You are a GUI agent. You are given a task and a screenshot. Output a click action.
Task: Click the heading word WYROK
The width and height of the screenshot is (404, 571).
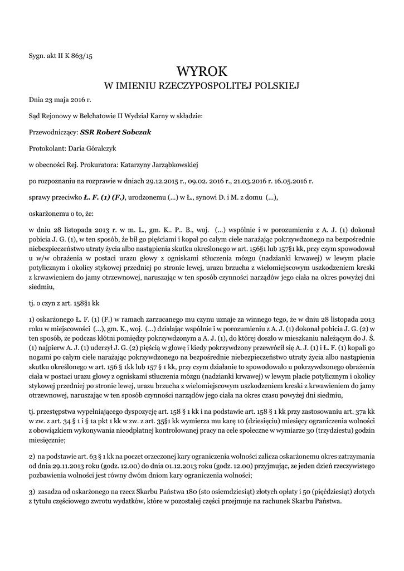tap(202, 71)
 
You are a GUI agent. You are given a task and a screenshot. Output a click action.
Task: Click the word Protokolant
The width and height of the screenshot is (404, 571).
tap(47, 149)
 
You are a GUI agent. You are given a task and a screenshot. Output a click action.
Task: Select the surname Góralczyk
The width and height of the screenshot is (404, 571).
tap(104, 149)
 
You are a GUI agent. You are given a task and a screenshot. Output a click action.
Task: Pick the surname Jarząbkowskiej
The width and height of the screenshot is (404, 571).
tap(167, 164)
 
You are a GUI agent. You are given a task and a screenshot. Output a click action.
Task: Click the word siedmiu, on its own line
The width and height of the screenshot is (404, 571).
tap(41, 287)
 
